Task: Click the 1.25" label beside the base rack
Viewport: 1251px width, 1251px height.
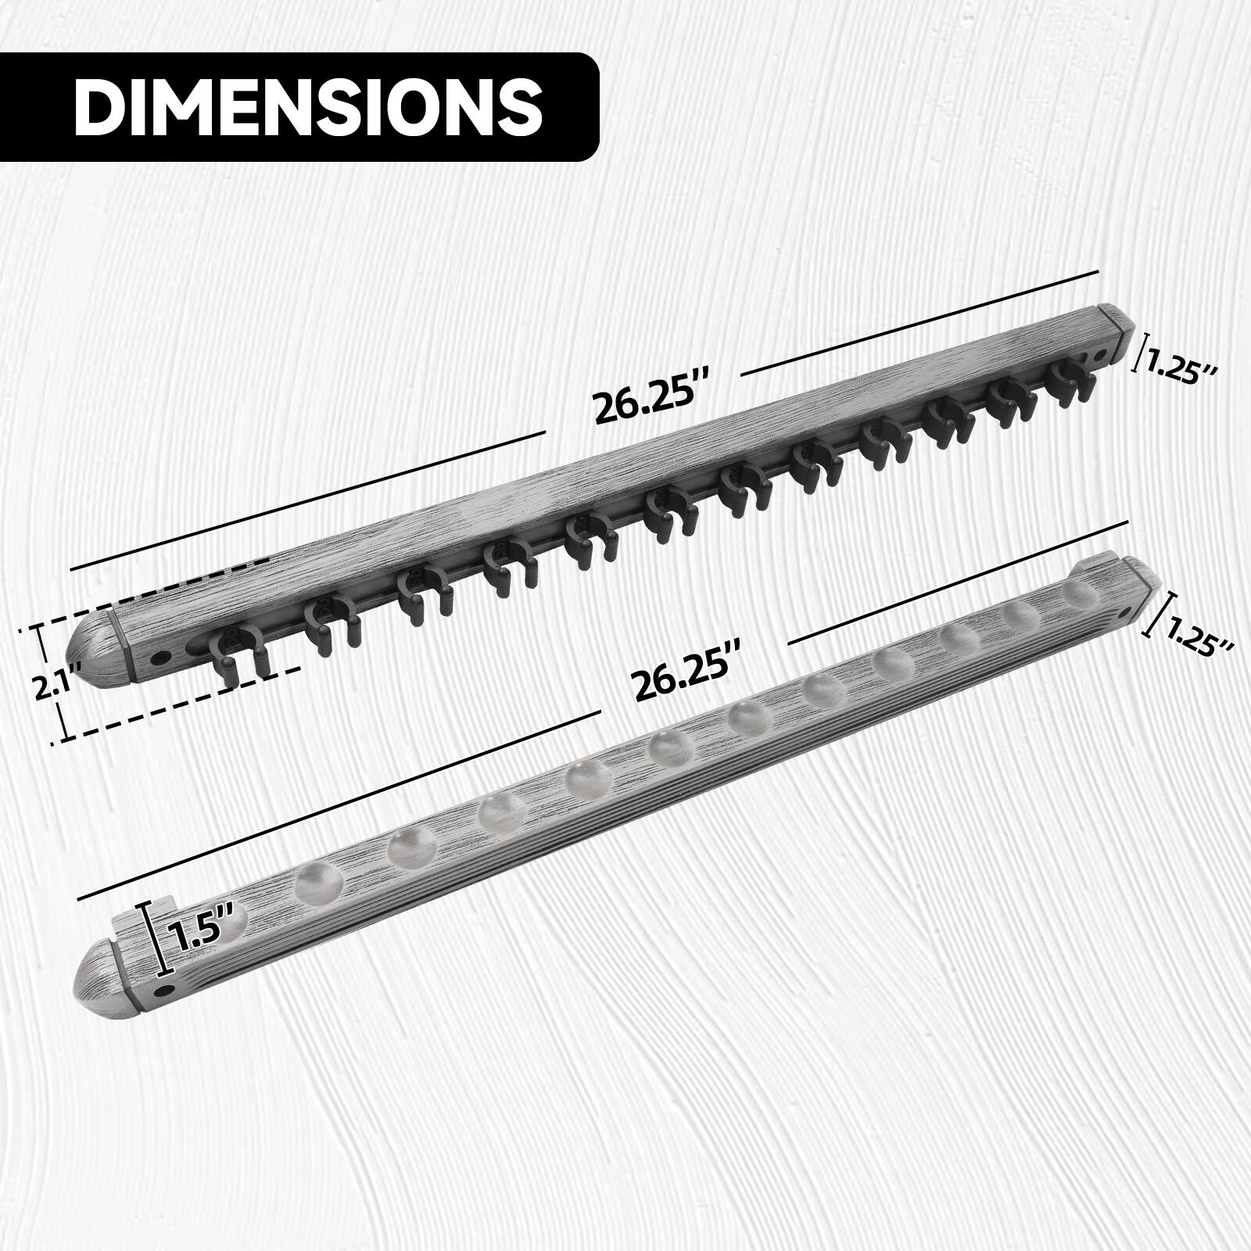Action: [1199, 629]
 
